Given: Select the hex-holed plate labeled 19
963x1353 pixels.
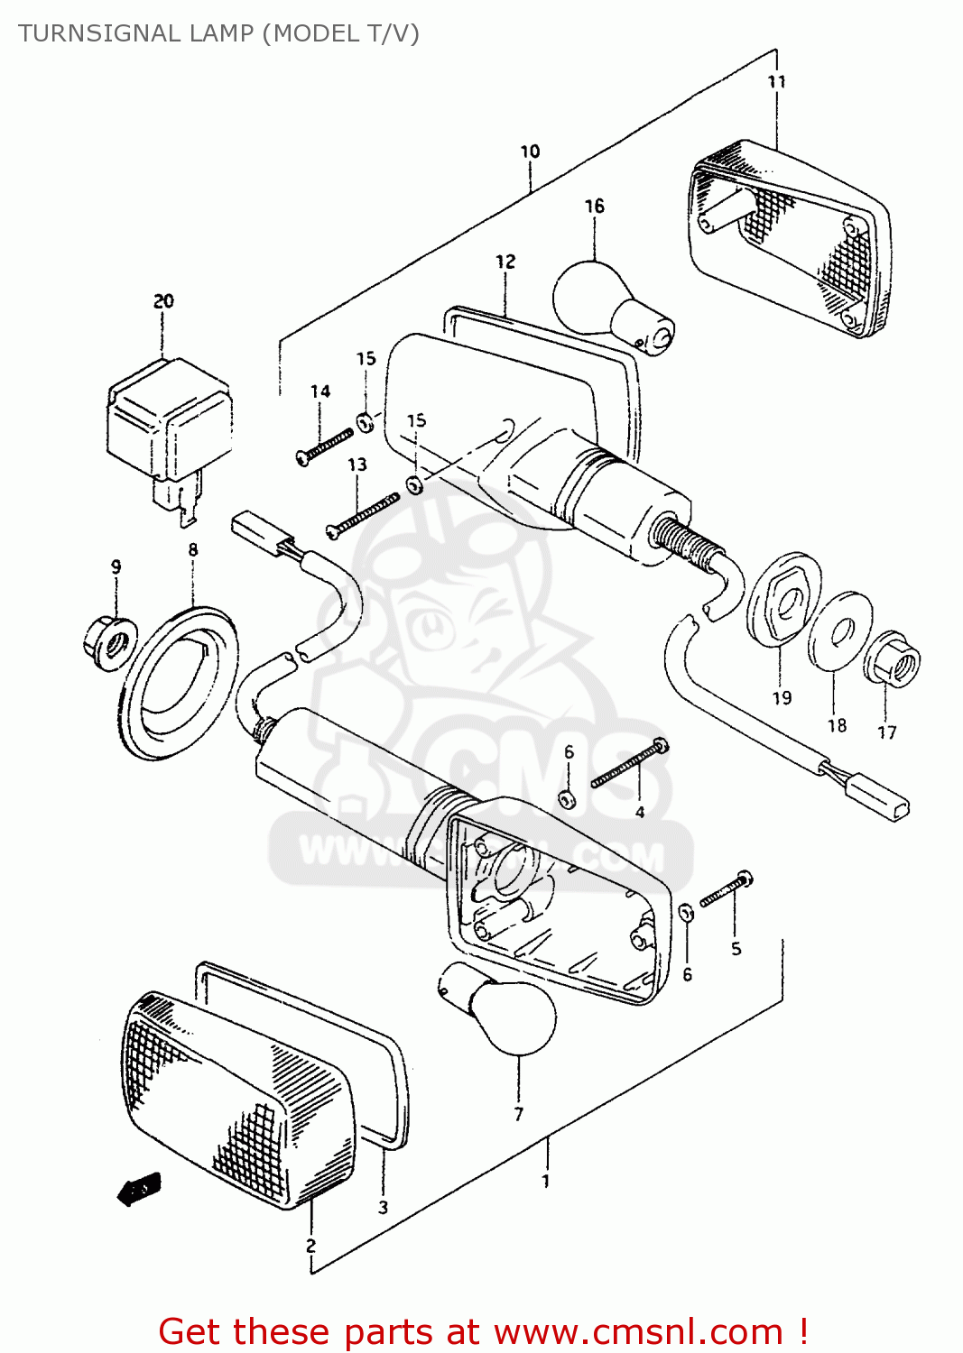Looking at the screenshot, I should (x=783, y=600).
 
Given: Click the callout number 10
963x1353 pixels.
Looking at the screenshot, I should (x=530, y=152).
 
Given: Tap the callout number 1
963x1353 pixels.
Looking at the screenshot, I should (x=545, y=1181).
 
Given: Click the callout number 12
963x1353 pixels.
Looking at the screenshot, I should (x=505, y=262).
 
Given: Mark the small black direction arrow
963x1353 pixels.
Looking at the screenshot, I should (x=139, y=1190).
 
